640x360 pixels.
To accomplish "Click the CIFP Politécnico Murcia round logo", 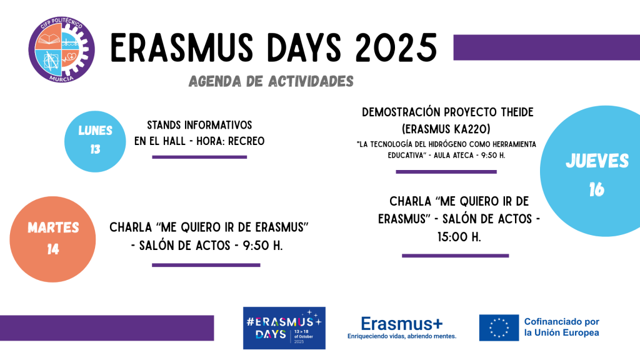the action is pos(62,49).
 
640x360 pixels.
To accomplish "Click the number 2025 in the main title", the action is pos(396,48).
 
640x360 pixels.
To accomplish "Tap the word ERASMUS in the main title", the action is pos(182,48).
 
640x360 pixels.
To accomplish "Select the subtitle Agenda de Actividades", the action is pos(271,81).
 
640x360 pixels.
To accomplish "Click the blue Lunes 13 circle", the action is pos(95,141).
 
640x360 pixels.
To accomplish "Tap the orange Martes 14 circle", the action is pos(52,239).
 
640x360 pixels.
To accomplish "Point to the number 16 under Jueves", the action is pos(596,190).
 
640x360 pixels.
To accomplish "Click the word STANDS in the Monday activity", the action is pos(164,125).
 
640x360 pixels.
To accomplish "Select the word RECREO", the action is pos(246,141).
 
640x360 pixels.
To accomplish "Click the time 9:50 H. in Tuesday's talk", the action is pos(262,245).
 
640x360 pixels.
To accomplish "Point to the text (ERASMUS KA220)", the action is pos(446,129).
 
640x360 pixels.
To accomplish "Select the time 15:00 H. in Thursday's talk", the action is pos(459,237).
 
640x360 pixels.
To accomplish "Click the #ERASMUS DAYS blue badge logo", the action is pos(284,328).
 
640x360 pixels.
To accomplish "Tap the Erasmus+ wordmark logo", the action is pos(402,324).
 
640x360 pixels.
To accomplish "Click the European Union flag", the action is pos(499,327).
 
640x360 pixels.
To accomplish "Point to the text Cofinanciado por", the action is pos(562,322).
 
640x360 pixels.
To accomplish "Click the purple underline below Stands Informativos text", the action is pos(199,157).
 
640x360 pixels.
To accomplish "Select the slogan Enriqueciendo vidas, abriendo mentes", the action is pos(402,336).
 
